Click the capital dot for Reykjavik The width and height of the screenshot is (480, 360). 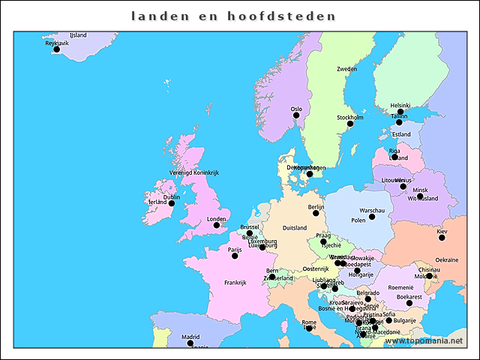(56, 49)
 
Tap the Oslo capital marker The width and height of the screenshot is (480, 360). (296, 116)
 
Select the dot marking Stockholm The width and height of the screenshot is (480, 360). (349, 124)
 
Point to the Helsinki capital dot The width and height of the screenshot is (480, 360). (400, 112)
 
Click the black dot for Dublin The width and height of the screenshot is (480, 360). (171, 203)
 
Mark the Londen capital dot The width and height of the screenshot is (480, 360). (217, 225)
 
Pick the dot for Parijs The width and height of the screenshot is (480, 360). (235, 256)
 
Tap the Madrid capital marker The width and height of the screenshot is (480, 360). (190, 343)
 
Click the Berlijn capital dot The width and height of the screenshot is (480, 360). (316, 213)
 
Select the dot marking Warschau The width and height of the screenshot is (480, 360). (372, 217)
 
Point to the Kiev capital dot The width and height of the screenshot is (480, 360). (442, 238)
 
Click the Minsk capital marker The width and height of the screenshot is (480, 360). (420, 196)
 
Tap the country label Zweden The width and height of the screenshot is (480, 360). (346, 69)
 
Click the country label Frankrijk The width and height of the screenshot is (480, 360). (235, 283)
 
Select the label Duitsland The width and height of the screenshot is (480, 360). (295, 228)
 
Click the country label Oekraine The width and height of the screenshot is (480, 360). (447, 259)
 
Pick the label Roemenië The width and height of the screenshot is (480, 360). (400, 286)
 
